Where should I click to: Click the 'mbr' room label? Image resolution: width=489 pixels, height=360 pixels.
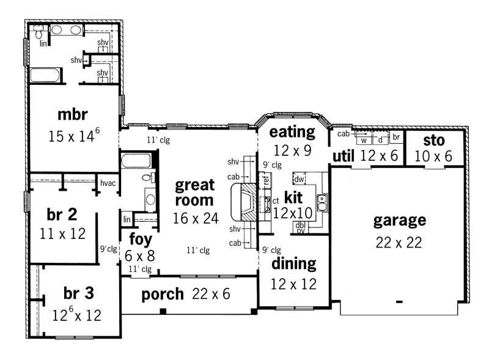[73, 114]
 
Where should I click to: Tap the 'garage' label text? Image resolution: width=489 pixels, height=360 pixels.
[399, 220]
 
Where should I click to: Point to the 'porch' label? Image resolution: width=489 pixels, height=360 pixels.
[163, 294]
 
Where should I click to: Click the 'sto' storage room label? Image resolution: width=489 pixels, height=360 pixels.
[433, 140]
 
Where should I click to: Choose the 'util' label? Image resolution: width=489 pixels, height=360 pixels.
[344, 156]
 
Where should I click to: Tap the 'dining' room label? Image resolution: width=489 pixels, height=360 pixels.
[294, 263]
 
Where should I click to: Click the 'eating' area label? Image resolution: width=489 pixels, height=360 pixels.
[292, 131]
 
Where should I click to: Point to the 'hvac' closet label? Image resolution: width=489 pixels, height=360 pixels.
[108, 183]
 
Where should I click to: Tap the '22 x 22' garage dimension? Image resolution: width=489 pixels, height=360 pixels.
[399, 242]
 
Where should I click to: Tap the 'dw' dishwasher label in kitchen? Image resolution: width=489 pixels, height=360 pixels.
[299, 179]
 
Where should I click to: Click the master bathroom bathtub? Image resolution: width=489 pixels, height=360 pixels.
[46, 76]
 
